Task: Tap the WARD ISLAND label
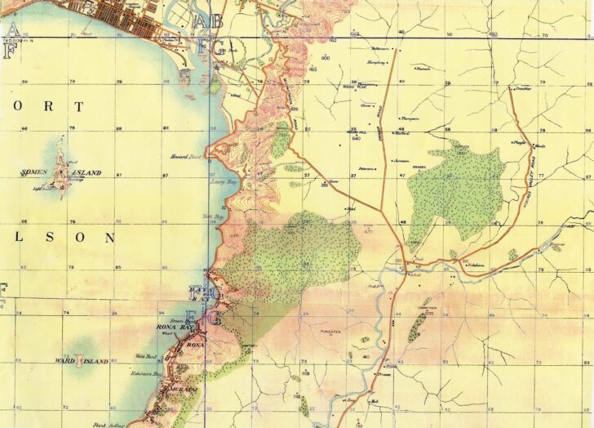tap(81, 360)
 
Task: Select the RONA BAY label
tap(172, 328)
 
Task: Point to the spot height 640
tap(356, 138)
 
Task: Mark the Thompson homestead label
tap(408, 118)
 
